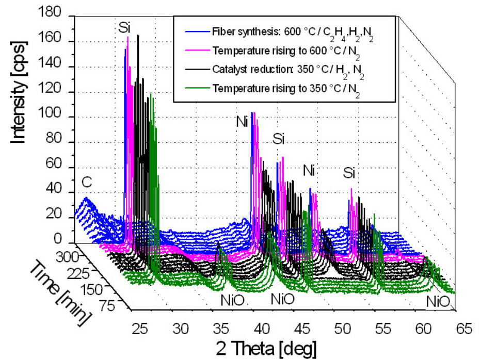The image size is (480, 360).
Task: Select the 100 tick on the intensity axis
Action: pyautogui.click(x=52, y=117)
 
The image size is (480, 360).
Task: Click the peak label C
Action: pyautogui.click(x=87, y=182)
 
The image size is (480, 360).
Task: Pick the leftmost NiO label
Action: pyautogui.click(x=227, y=298)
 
